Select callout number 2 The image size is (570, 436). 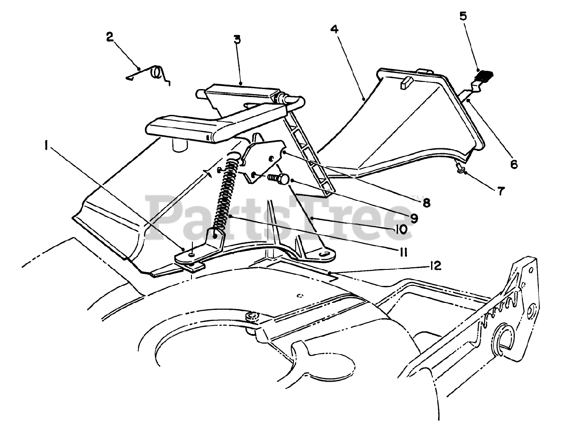[110, 37]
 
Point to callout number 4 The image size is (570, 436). [334, 29]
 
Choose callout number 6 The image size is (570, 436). [514, 164]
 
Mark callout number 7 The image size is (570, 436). [501, 192]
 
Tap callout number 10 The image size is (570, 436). [400, 229]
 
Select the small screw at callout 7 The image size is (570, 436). [460, 168]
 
